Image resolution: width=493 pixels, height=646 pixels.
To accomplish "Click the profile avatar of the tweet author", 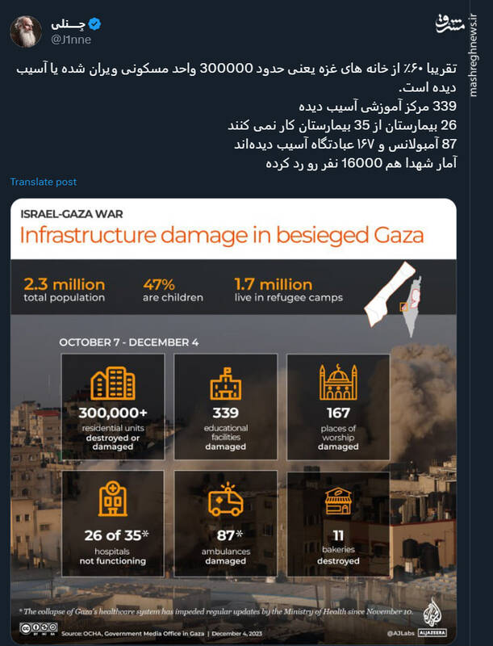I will click(x=26, y=30).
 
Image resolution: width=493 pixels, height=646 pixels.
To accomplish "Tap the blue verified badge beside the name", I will click(x=96, y=24).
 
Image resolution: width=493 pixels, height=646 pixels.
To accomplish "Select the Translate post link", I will click(x=44, y=182).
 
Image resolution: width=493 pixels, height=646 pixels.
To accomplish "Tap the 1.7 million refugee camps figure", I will click(x=273, y=284).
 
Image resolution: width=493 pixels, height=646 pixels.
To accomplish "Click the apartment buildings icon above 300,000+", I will click(x=112, y=384).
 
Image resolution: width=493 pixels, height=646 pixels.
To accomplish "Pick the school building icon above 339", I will click(x=226, y=384).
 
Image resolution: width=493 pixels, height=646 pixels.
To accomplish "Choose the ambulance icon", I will click(x=225, y=501).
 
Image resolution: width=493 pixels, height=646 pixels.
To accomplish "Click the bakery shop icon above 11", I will click(x=338, y=501).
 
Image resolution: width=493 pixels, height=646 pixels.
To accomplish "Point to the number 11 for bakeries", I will click(x=338, y=534).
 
